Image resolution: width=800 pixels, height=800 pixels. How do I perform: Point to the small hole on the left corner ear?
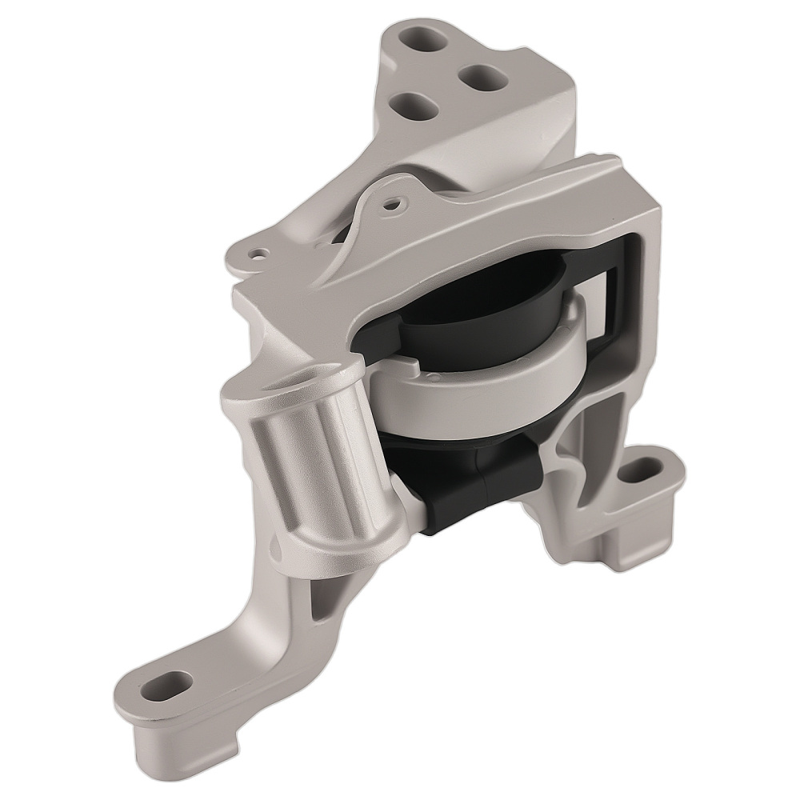point(258,254)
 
